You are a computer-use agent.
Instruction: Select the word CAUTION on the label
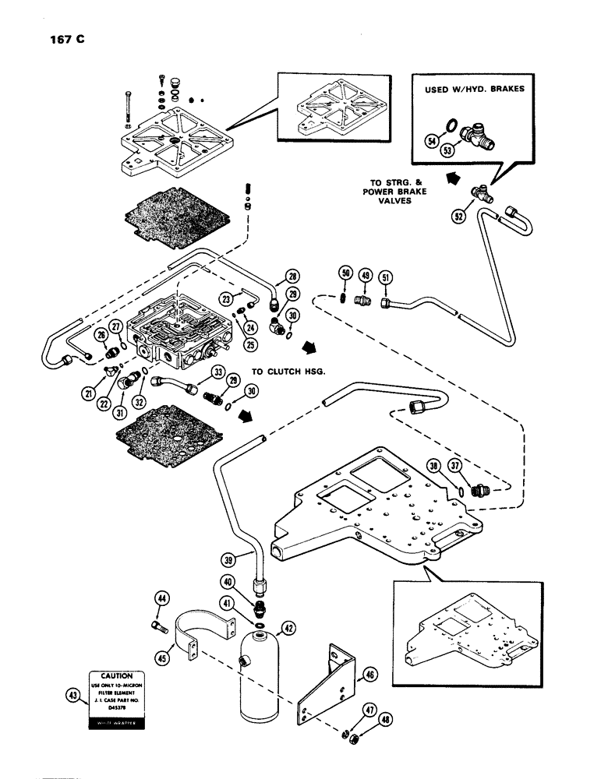[x=116, y=676]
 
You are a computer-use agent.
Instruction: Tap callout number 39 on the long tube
[x=227, y=560]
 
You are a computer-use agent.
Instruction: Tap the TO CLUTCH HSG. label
[x=288, y=372]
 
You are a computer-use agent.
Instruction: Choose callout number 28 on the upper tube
[x=292, y=277]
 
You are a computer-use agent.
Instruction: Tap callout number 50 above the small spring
[x=344, y=273]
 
